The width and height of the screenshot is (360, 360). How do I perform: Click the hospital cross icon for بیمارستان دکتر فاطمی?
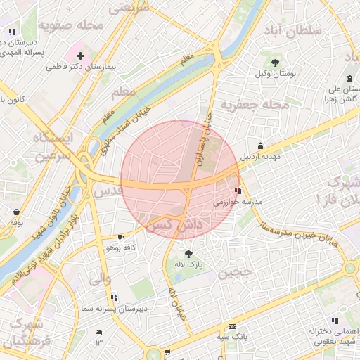(x=80, y=56)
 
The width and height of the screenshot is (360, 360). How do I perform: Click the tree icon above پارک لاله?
(x=188, y=254)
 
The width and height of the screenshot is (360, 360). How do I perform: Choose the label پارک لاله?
(x=188, y=265)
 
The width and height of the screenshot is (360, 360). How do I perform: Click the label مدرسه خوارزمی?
(x=238, y=202)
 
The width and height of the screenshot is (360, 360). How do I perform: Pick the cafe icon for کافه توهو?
(x=120, y=237)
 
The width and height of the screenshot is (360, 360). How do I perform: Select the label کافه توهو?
(x=120, y=248)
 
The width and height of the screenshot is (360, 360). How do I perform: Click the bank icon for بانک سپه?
(x=232, y=327)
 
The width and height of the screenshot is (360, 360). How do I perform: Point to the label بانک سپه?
(x=232, y=337)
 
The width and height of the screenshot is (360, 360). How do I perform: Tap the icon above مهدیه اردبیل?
(x=261, y=146)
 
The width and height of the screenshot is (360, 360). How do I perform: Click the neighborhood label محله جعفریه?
(x=255, y=105)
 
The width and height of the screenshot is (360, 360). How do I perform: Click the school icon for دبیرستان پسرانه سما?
(x=114, y=297)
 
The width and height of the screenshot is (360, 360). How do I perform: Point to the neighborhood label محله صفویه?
(x=71, y=25)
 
